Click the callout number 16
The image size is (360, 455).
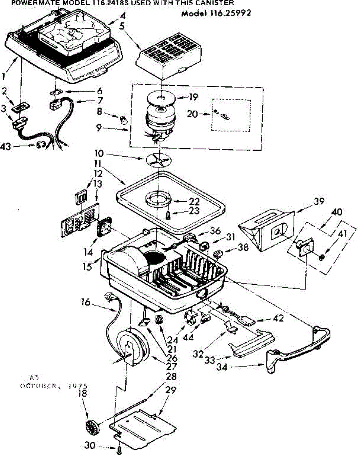[x=85, y=302]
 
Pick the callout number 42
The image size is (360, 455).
[x=279, y=318]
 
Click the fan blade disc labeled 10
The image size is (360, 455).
[x=157, y=159]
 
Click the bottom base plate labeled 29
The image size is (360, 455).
[x=144, y=427]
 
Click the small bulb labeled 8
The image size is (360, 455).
[x=123, y=121]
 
